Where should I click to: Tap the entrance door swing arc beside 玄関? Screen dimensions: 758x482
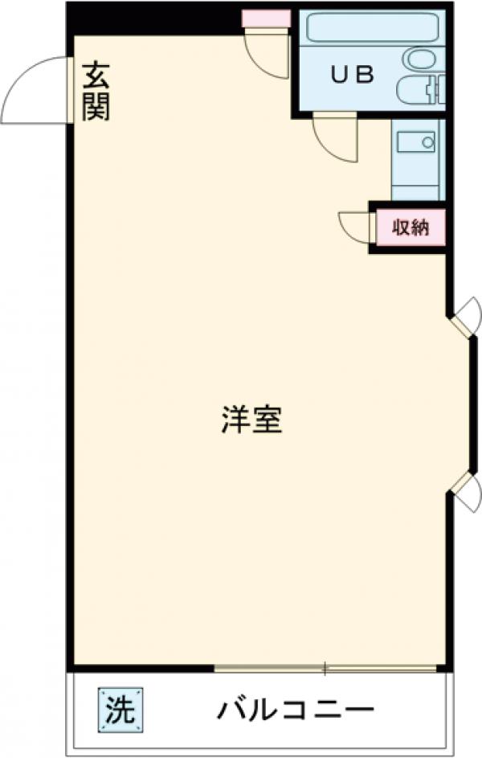click(34, 90)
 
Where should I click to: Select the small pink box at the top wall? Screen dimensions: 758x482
click(266, 18)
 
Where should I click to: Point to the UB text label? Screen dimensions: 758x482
click(353, 75)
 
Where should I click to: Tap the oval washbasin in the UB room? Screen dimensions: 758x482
click(419, 58)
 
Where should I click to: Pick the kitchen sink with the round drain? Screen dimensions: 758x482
click(415, 143)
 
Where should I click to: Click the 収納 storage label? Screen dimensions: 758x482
click(411, 227)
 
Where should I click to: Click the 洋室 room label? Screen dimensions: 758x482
click(251, 420)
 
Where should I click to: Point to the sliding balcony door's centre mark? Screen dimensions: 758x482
click(325, 667)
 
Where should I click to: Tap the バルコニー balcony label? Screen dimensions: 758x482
click(296, 710)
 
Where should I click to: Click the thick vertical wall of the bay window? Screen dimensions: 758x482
click(472, 403)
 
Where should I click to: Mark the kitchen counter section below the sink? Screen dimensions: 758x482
click(415, 181)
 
